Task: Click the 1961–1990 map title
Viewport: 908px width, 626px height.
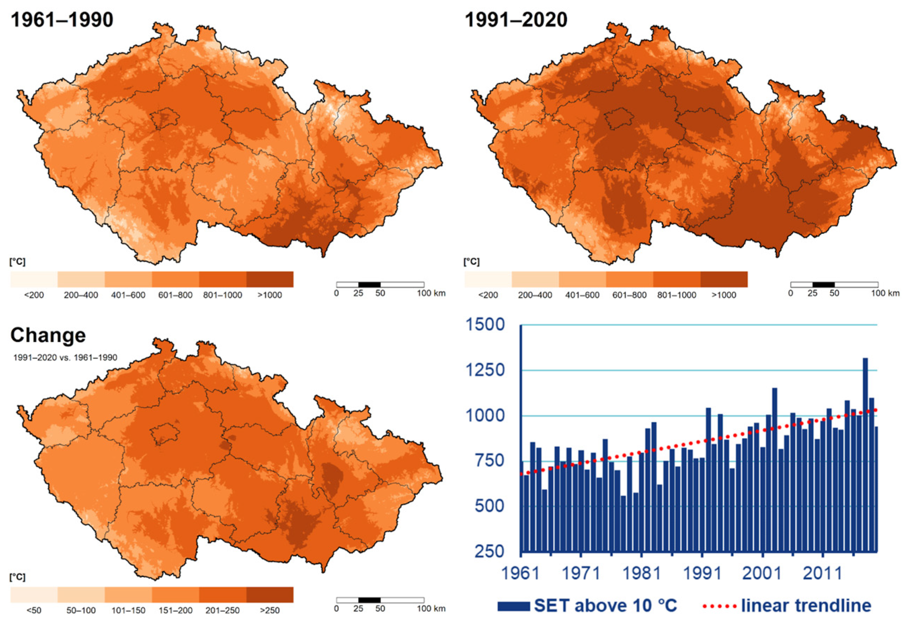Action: tap(62, 20)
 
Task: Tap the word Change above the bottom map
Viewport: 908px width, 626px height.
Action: tap(48, 335)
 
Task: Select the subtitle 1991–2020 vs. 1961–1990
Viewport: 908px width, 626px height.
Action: tap(65, 357)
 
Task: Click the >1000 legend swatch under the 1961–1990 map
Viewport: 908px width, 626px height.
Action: tap(270, 279)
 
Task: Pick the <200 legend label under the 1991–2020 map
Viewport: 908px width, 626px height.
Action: tap(488, 295)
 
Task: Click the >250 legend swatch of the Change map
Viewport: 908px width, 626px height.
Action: tap(270, 595)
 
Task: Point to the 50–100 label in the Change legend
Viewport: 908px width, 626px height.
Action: tap(81, 610)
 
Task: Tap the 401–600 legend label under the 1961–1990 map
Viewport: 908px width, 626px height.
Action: tap(128, 295)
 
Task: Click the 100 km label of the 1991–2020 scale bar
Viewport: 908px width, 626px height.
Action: tap(885, 293)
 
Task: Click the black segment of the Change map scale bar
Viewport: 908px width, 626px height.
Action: tap(369, 600)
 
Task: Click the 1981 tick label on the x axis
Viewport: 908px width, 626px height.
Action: tap(641, 573)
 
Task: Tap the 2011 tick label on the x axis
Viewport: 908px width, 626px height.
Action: tap(822, 573)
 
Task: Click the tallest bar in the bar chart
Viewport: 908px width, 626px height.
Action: tap(865, 455)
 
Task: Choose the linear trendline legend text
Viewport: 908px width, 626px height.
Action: tap(806, 606)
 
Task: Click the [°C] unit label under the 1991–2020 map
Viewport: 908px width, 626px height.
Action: tap(471, 262)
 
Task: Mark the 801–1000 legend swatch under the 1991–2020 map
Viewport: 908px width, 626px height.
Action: tap(677, 279)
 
